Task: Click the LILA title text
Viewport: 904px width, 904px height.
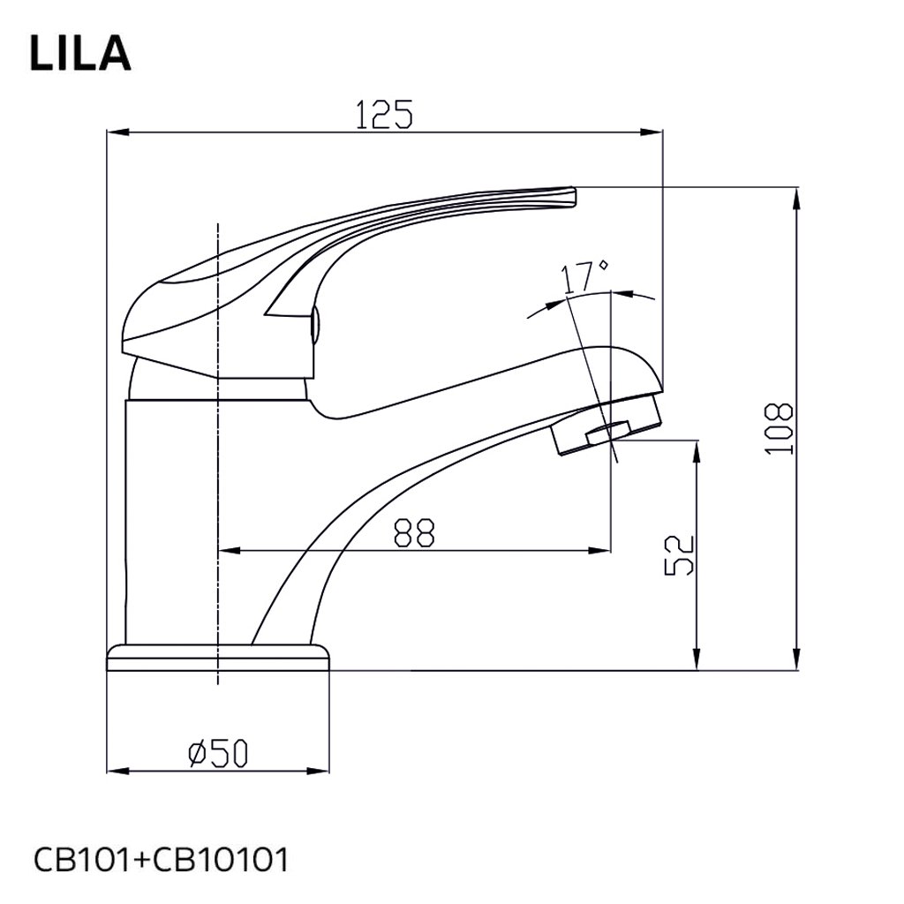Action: click(x=80, y=53)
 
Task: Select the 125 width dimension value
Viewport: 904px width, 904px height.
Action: click(x=384, y=116)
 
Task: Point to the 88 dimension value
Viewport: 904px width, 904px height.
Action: click(x=414, y=531)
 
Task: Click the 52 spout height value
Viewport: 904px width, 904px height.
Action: click(x=680, y=554)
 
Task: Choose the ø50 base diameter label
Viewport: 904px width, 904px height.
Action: click(x=219, y=753)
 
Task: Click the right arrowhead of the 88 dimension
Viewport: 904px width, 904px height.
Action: click(x=604, y=551)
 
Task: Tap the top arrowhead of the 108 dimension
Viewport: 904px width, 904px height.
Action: click(x=797, y=194)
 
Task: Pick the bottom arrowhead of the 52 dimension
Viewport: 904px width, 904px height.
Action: click(x=698, y=663)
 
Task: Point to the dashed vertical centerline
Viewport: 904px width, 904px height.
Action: click(x=217, y=530)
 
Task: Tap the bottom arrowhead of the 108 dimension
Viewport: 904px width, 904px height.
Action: click(x=797, y=663)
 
